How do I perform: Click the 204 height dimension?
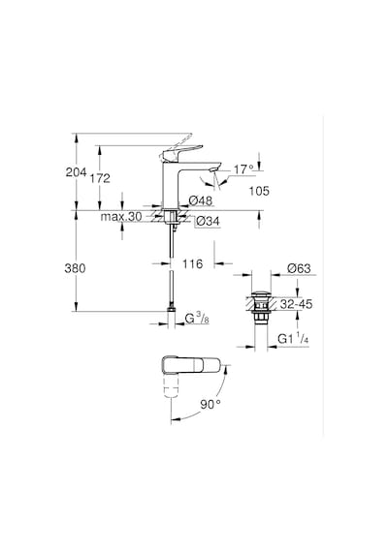coord(76,172)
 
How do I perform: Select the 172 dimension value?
coord(100,178)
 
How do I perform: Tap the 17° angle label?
coord(244,169)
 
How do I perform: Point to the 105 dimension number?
coord(259,191)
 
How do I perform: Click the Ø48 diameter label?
coord(201,200)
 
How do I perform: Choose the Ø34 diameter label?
coord(207,221)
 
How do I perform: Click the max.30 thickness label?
coord(121,217)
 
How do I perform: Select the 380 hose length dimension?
coord(75,268)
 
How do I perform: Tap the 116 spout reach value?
coord(193,263)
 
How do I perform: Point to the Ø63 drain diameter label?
coord(299,268)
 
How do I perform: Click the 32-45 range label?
coord(296,304)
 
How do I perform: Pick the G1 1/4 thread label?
coord(293,339)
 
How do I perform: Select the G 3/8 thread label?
coord(197,319)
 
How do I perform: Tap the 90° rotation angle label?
coord(210,405)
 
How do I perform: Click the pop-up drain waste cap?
coord(261,294)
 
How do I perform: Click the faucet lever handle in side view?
coord(181,152)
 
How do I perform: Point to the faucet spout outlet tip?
coord(213,170)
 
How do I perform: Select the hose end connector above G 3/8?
coord(171,309)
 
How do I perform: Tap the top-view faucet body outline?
coord(191,365)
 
